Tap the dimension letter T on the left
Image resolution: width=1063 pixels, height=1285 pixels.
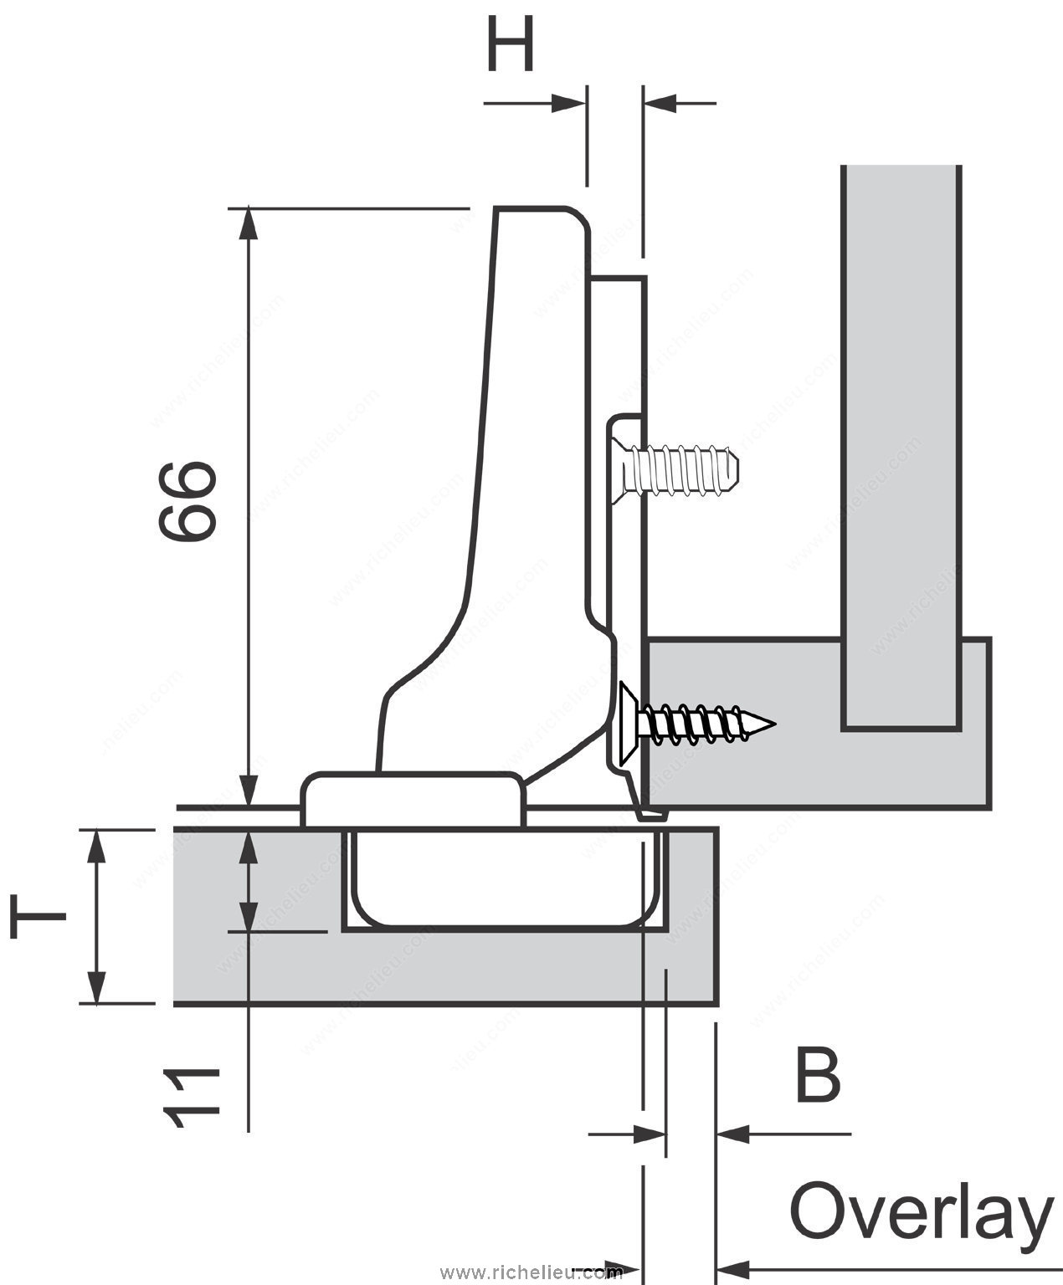pos(39,915)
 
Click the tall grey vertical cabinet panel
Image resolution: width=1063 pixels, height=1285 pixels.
pos(900,443)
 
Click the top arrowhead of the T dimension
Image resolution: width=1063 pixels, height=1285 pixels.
pos(97,845)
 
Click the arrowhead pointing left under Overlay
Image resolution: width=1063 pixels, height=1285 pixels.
pos(733,1266)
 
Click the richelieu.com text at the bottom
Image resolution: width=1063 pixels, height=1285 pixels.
pos(531,1272)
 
